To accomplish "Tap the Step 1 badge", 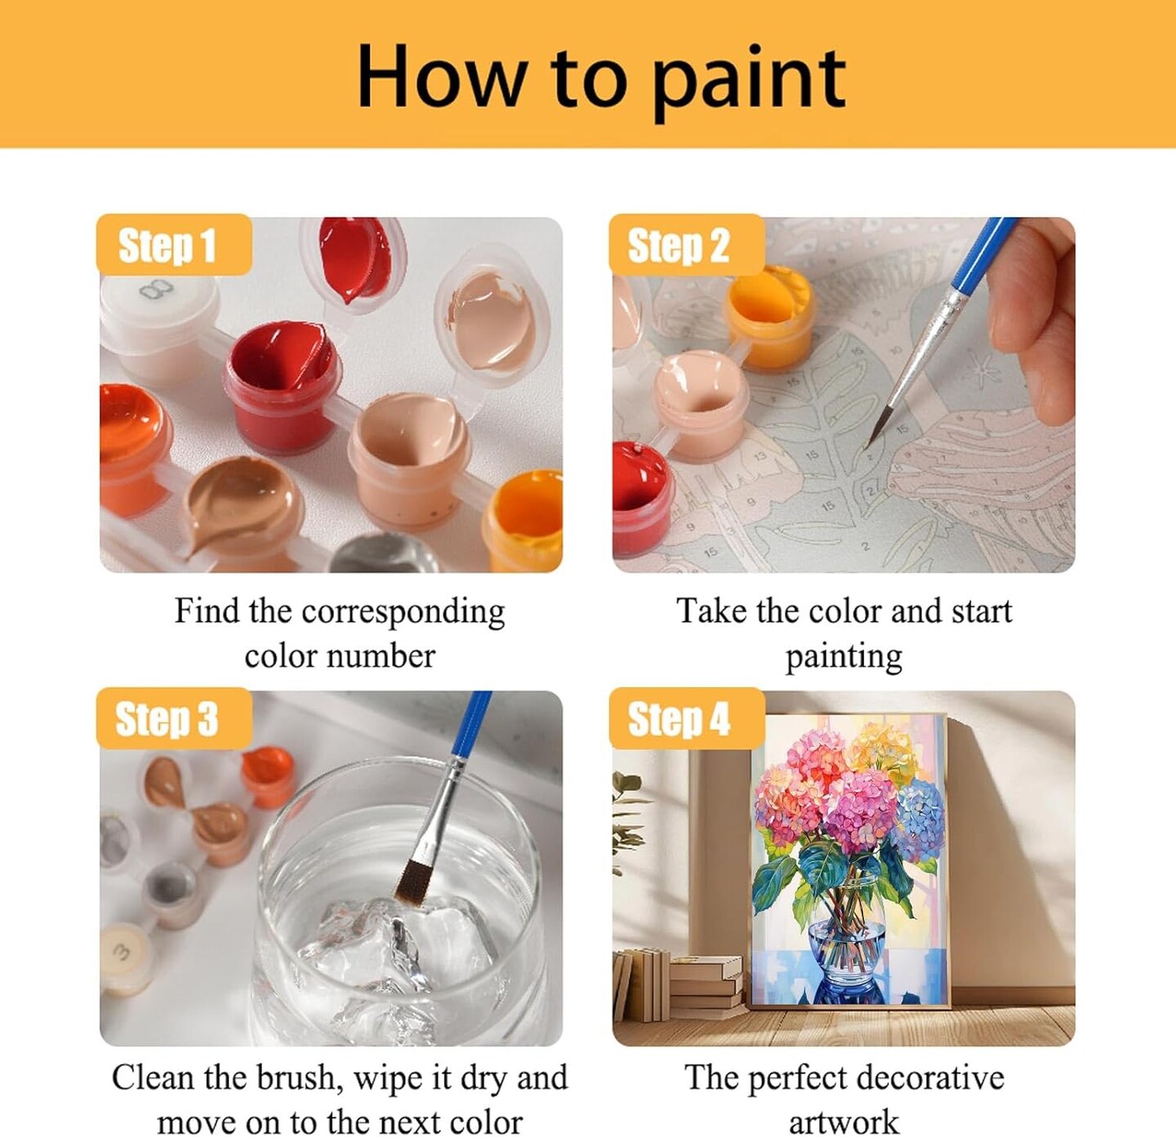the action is (x=174, y=245).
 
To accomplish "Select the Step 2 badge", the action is (x=687, y=245).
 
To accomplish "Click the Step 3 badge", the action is (x=174, y=717).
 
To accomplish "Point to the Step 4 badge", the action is (x=687, y=717).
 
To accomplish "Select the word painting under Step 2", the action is (x=844, y=656).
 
